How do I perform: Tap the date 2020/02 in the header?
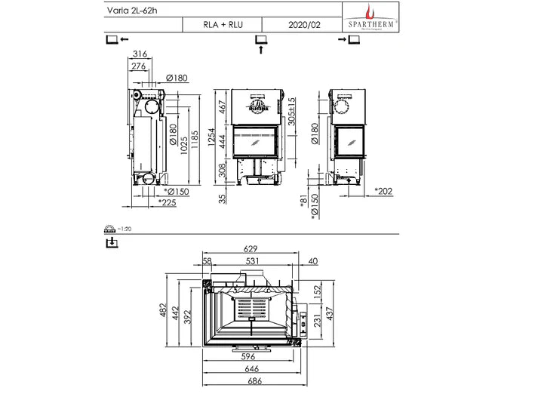tap(304, 24)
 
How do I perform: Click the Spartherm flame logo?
tap(369, 11)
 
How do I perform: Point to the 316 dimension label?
tap(139, 54)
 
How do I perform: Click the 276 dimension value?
tap(139, 66)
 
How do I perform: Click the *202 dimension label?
tap(385, 191)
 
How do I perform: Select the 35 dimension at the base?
tap(220, 198)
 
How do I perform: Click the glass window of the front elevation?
tap(258, 141)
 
